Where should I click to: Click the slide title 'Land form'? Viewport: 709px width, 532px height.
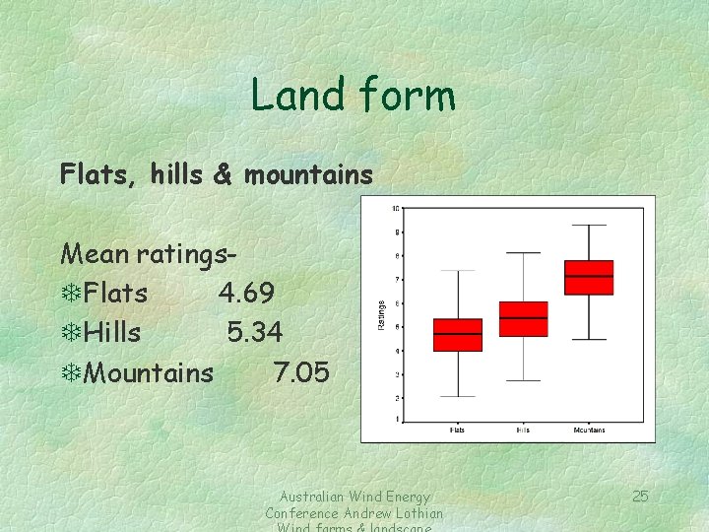[353, 96]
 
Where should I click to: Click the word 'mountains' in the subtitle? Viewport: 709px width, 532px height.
[308, 175]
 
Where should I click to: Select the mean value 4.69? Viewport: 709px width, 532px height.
[246, 294]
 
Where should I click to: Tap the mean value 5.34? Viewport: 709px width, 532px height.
[254, 333]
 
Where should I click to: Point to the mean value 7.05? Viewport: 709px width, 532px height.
[301, 372]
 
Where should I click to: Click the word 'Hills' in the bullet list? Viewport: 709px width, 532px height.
[112, 333]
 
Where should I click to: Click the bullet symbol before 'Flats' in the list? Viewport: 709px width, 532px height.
[70, 294]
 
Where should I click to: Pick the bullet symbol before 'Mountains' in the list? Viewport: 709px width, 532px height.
[70, 373]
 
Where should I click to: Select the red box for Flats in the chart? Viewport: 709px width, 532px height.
[458, 335]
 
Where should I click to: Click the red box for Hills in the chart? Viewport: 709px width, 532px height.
[524, 319]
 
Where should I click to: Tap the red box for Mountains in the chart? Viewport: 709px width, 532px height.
[589, 278]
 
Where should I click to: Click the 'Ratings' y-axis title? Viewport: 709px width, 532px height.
[382, 315]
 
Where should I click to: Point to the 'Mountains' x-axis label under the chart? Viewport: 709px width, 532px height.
[589, 430]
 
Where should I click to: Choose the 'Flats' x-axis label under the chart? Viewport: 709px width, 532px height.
[458, 430]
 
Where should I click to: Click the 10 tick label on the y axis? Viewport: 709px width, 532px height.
[395, 208]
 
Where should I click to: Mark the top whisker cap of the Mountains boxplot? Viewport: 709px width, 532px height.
[589, 226]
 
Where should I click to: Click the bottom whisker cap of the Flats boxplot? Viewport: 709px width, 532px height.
[458, 396]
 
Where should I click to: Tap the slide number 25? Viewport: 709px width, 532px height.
[640, 496]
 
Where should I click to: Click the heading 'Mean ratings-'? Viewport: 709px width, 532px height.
[148, 254]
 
